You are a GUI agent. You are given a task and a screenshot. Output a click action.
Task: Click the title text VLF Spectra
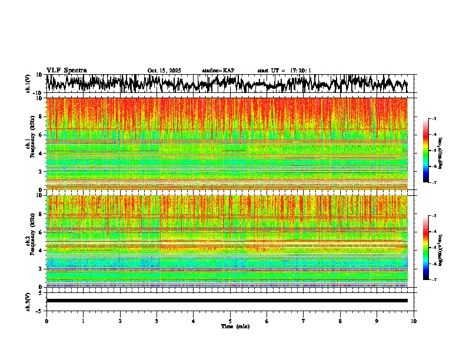66,70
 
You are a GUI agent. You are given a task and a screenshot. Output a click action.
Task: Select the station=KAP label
218,71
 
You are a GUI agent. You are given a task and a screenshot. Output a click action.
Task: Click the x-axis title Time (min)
235,326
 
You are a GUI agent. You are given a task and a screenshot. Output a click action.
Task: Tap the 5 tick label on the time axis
230,321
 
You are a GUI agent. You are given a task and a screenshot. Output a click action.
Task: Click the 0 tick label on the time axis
46,321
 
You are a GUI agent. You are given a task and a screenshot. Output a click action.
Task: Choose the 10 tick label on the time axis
414,321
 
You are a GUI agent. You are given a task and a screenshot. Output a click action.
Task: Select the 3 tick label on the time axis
157,321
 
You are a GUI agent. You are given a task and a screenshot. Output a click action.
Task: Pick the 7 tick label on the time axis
304,321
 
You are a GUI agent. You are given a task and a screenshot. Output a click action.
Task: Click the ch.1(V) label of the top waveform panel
28,84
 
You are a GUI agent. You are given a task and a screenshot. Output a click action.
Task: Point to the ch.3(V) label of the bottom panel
28,301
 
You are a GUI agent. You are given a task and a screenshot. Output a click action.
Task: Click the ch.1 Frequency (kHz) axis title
29,144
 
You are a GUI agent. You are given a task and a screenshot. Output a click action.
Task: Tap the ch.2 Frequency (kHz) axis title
29,241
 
